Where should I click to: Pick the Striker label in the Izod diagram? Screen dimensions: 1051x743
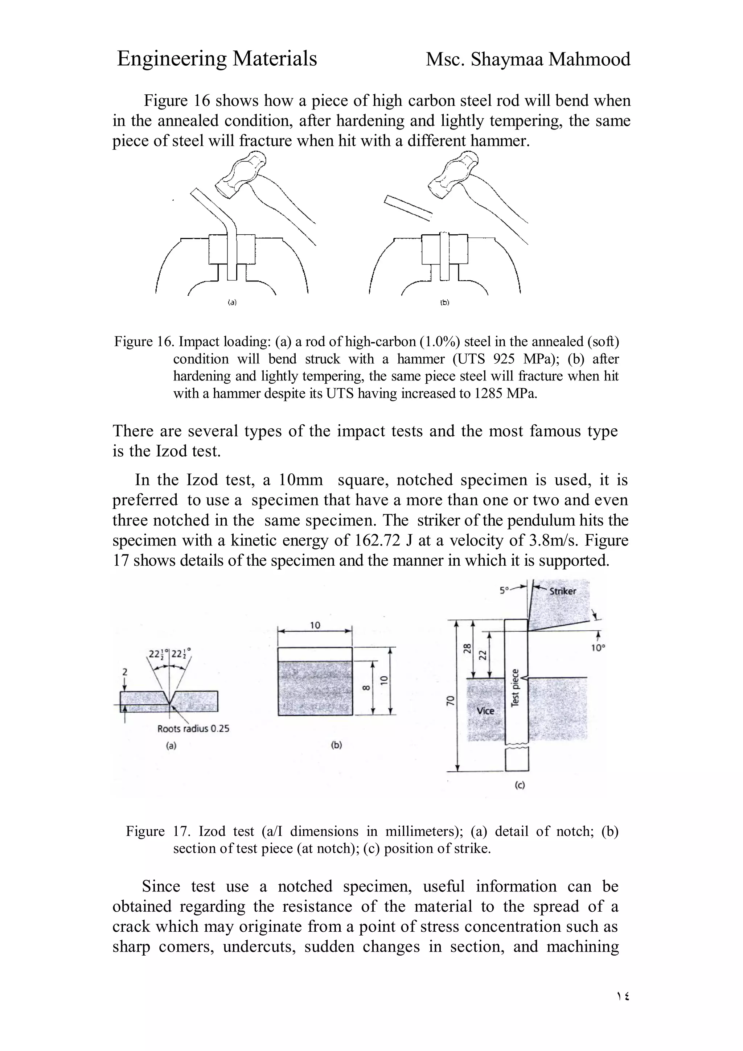tap(563, 591)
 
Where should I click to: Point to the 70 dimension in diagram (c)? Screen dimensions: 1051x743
tap(451, 700)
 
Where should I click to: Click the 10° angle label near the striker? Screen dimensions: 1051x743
tap(598, 648)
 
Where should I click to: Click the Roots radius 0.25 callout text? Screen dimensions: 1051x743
tap(193, 729)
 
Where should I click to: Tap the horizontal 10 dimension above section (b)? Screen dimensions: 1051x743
tap(315, 625)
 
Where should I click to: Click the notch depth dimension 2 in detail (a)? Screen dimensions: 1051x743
tap(125, 672)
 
